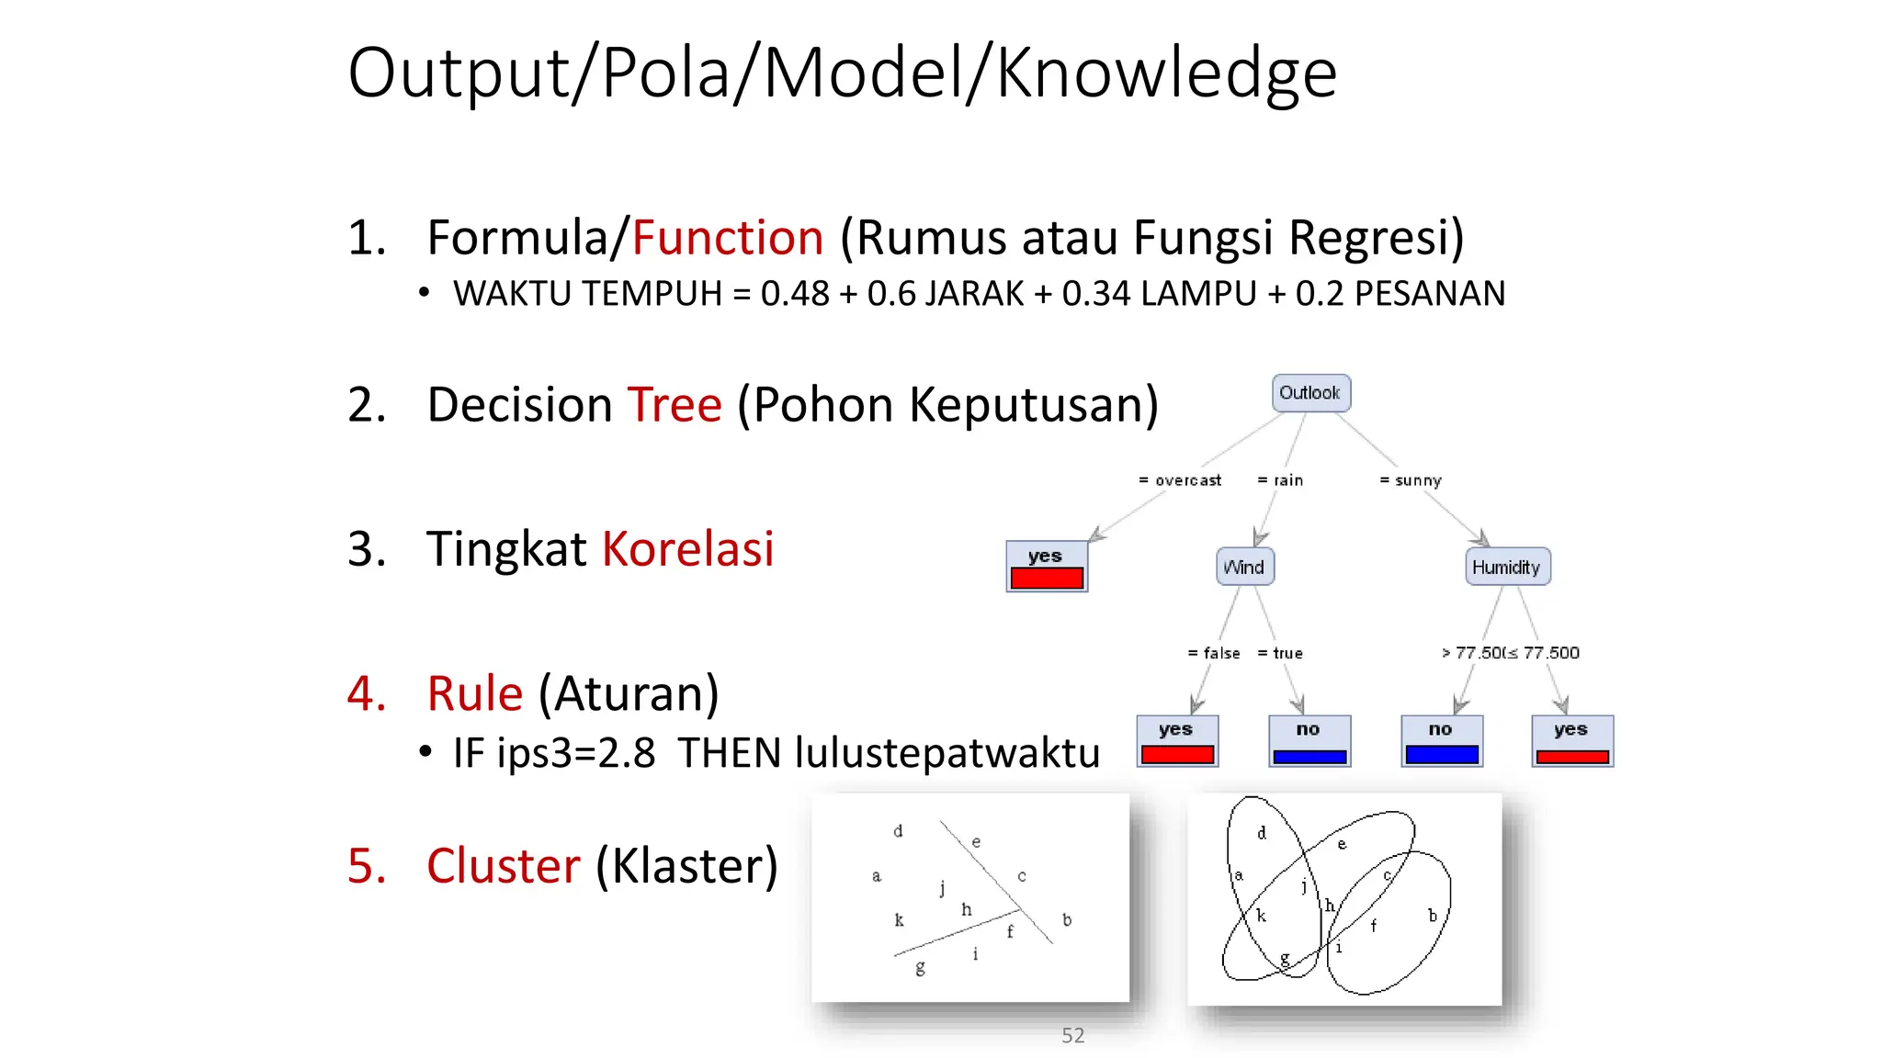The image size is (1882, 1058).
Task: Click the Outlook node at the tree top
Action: [1310, 393]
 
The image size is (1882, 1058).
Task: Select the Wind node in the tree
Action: [1244, 567]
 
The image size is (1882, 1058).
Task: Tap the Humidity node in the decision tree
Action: [1507, 567]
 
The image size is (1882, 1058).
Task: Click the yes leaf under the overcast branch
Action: [1047, 566]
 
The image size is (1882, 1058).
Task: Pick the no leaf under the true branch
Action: [1309, 740]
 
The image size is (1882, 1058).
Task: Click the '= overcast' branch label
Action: [1180, 480]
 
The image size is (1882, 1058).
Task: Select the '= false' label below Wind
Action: [1214, 653]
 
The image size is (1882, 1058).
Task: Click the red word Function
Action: [728, 238]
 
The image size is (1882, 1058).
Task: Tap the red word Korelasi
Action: [687, 549]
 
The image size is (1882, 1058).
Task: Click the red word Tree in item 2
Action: [675, 405]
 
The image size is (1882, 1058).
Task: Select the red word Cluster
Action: [504, 866]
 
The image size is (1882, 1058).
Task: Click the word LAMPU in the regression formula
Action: [1198, 294]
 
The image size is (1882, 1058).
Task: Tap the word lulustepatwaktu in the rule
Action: [947, 753]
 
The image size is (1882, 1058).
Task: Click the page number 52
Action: [1072, 1035]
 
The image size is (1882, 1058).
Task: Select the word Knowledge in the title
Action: [1166, 73]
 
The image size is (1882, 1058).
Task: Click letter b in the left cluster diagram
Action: [1066, 919]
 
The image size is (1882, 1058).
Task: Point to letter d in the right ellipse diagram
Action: [1262, 833]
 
